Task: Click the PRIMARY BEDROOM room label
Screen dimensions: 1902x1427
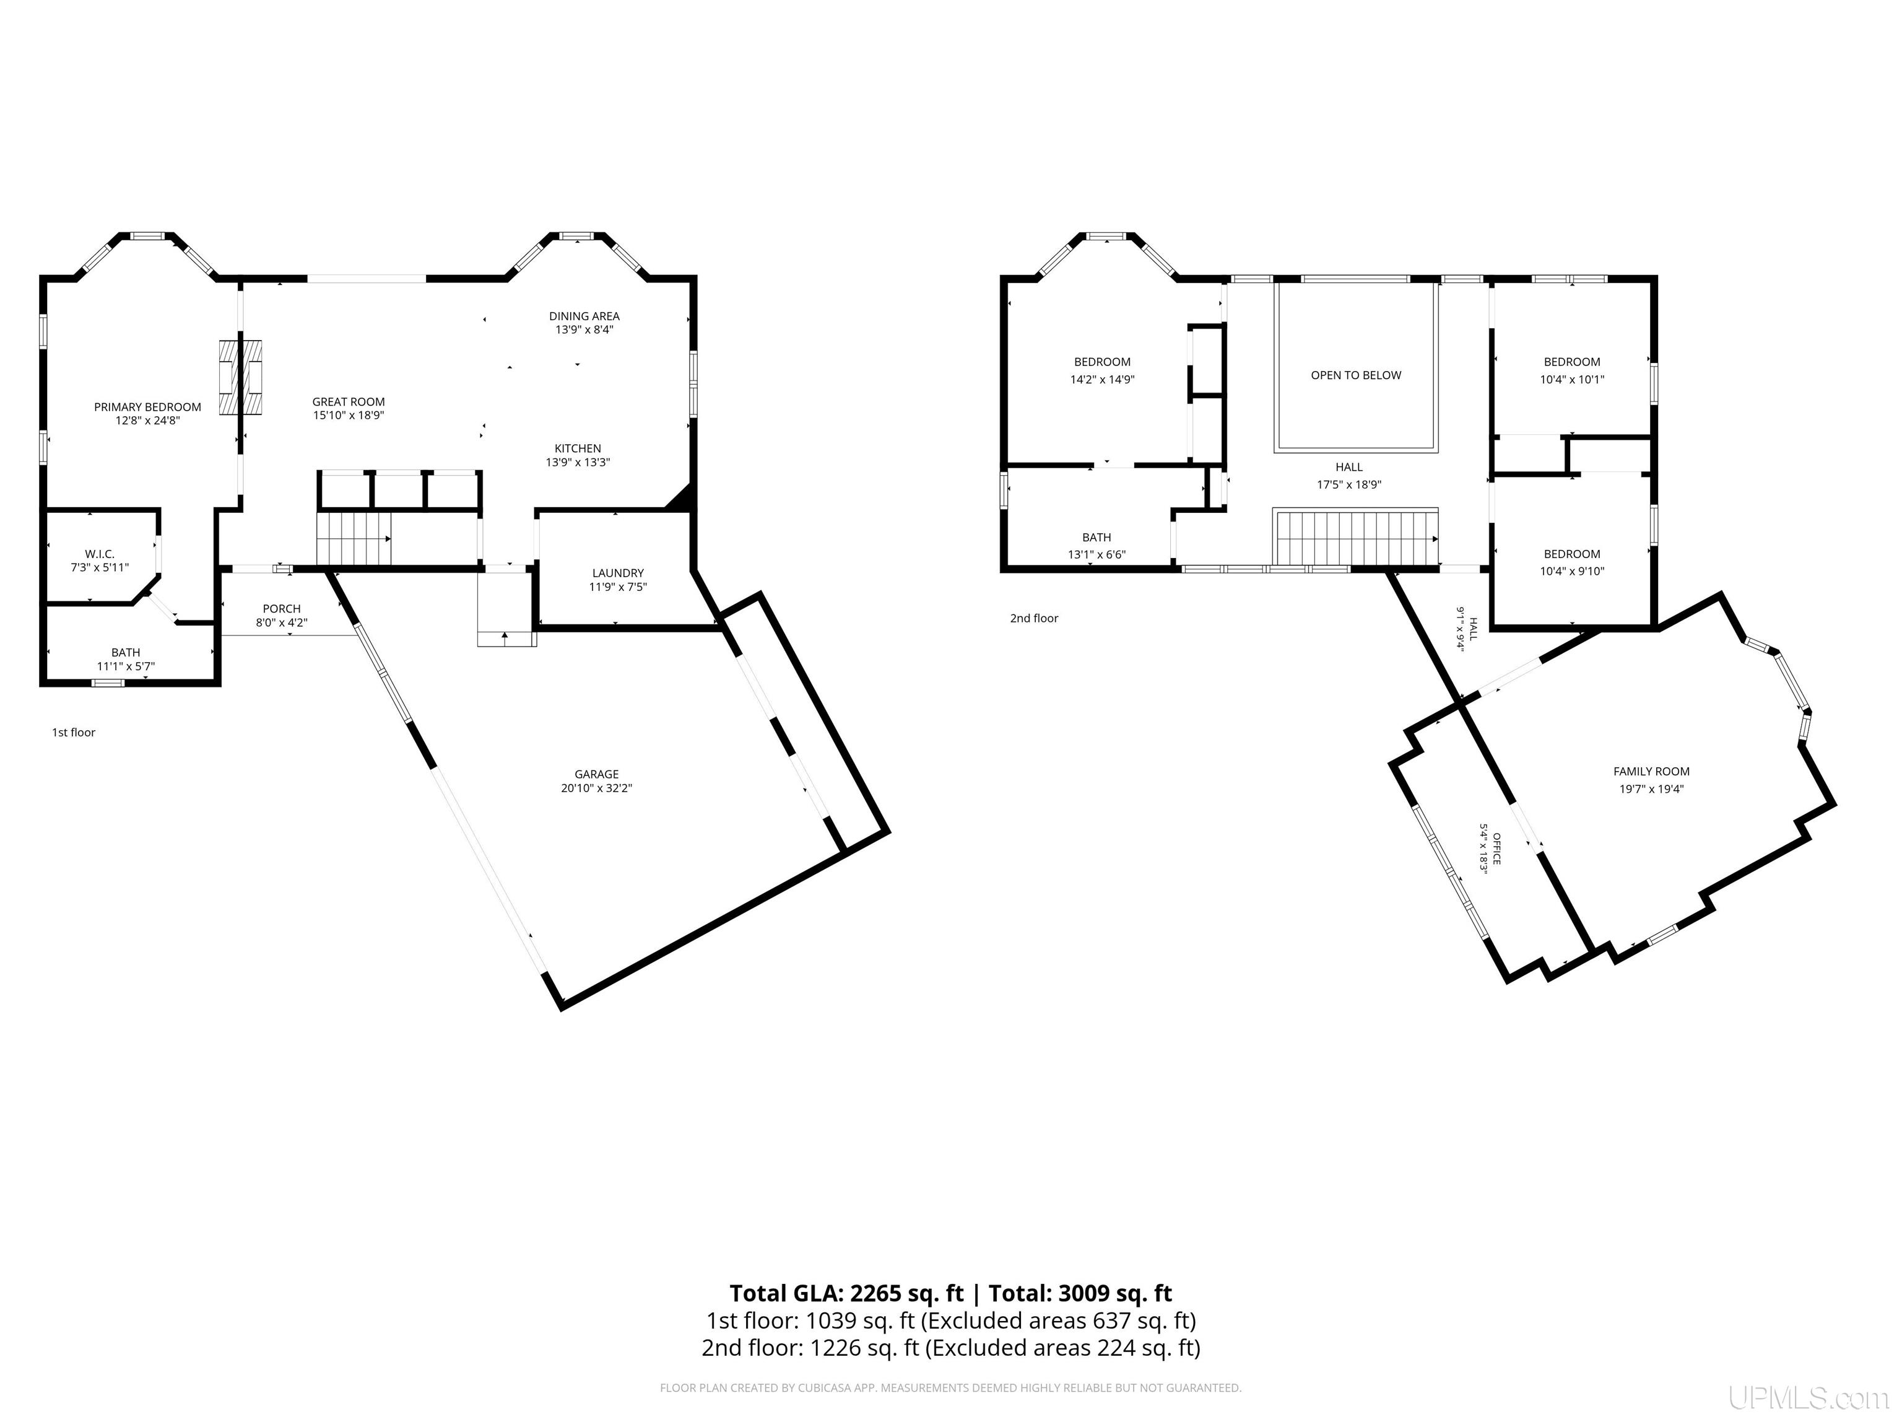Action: click(148, 407)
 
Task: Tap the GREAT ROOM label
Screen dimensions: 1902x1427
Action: click(348, 402)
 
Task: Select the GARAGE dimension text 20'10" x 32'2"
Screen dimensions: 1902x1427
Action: click(597, 788)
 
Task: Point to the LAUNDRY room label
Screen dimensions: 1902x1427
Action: click(619, 573)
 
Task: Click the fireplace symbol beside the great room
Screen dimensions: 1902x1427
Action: click(240, 377)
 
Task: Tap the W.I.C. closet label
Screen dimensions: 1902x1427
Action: click(100, 554)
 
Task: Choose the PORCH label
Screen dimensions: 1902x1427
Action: click(282, 609)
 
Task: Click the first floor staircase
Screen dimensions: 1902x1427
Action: click(354, 538)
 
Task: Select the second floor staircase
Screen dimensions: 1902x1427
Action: click(1356, 537)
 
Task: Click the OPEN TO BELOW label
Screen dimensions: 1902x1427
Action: click(1356, 375)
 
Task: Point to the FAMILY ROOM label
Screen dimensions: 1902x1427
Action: click(1652, 772)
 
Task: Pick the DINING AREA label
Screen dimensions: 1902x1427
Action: click(584, 316)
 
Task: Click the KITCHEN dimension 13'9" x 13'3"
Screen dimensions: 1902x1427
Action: click(578, 463)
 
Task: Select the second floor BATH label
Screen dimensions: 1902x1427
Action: click(1097, 538)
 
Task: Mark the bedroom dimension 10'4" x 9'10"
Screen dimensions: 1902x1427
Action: click(1573, 571)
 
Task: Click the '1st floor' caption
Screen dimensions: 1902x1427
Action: click(74, 733)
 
